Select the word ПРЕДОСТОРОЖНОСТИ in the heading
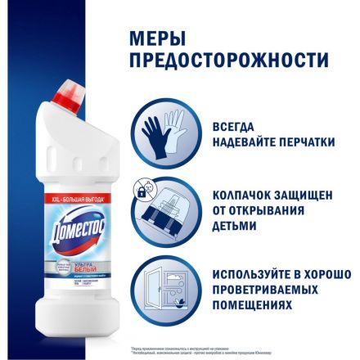(230, 62)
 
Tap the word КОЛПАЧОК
(250, 198)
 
